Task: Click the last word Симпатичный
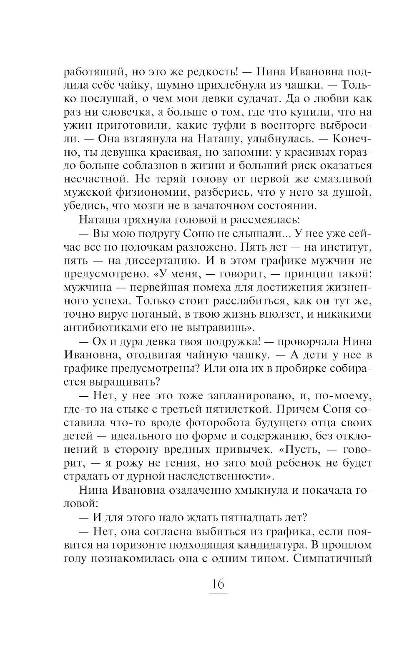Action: click(x=332, y=558)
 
